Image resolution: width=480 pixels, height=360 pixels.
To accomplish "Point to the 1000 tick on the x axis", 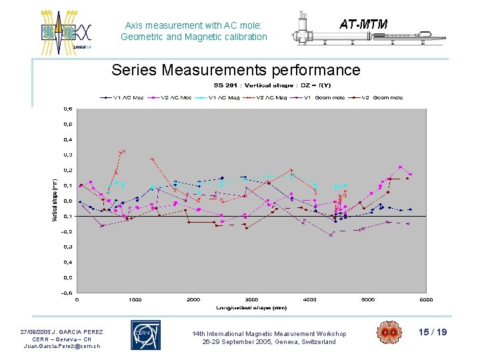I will coord(135,300).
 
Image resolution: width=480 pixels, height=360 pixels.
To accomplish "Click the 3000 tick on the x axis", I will coord(251,300).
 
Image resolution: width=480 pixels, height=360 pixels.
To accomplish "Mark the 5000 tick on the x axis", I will coord(368,300).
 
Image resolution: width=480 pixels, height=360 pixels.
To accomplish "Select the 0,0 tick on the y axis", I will coord(68,201).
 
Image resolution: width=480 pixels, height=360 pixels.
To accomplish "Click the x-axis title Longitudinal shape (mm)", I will coord(251,307).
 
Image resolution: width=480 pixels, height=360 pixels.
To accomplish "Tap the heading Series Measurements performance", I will coord(236,70).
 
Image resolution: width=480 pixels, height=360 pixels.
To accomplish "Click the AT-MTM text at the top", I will coord(363,25).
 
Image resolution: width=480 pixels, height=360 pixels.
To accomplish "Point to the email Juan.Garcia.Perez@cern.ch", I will coord(62,346).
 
